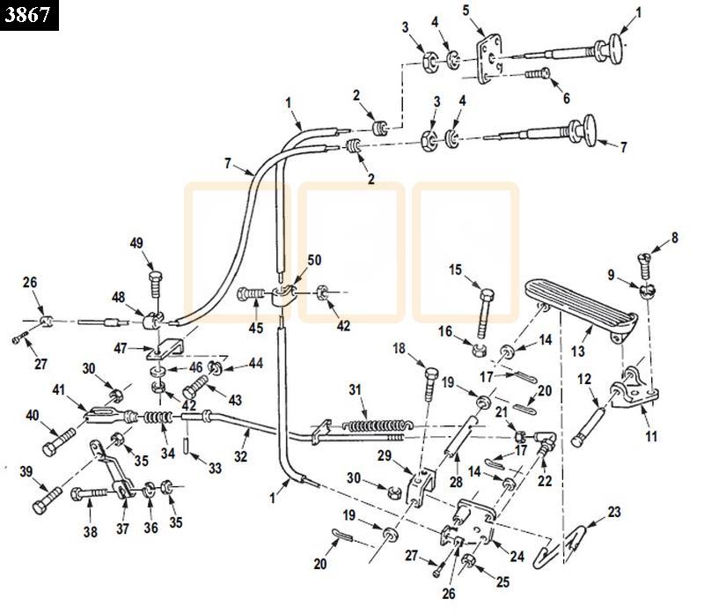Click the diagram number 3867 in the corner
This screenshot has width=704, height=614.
tap(29, 15)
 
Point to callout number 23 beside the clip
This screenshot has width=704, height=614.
tap(613, 512)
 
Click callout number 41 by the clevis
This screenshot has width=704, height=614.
tap(59, 389)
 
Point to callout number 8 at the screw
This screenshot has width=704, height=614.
tap(675, 236)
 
